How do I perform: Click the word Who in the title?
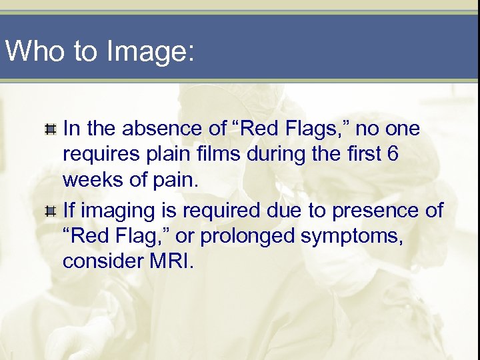point(35,51)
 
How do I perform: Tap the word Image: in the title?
point(147,52)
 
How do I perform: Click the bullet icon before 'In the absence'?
point(49,128)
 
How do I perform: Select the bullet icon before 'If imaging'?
point(49,211)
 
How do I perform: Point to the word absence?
point(166,128)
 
